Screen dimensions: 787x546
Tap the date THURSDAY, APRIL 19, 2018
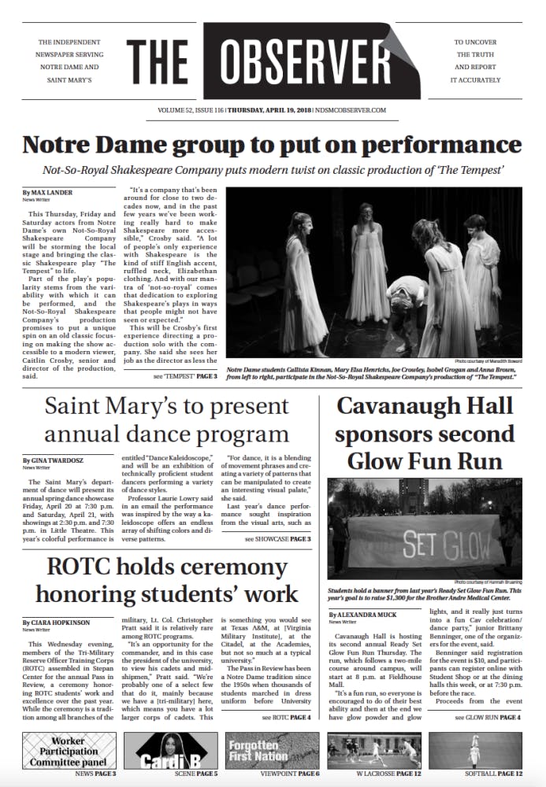tap(273, 110)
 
